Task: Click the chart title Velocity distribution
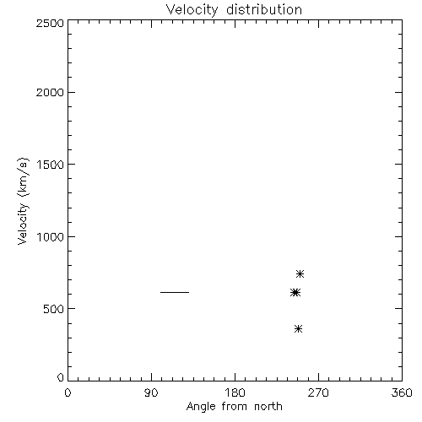234,10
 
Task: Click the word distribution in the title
264,9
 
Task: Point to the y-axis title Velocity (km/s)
23,201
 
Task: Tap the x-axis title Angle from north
234,407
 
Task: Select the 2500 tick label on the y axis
50,24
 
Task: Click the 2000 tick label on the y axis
50,93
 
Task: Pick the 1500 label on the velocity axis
51,165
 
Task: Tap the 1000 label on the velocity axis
51,237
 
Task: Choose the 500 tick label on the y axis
54,309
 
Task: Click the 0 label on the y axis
61,377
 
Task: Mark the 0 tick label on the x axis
68,392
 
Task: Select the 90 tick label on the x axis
151,392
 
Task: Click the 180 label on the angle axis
235,392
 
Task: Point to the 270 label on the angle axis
318,392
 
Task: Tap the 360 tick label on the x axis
402,392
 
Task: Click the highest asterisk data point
300,273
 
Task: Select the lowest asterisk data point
298,328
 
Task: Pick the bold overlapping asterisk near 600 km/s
295,293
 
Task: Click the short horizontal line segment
175,292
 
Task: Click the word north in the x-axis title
268,407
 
